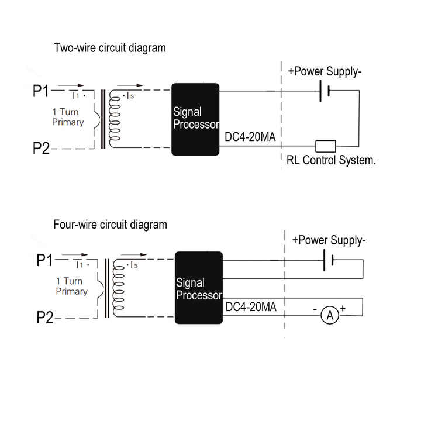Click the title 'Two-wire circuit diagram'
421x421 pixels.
pos(110,48)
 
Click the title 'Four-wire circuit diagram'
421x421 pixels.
pos(111,225)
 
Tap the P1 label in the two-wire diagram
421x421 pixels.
pos(42,92)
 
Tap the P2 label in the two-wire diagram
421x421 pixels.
pos(42,149)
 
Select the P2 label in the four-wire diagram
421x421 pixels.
pos(45,318)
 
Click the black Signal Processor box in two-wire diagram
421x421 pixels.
pos(195,119)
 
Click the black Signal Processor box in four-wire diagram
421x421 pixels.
pos(199,287)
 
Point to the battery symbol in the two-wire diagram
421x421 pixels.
pos(325,91)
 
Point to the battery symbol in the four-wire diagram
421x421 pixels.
pos(328,260)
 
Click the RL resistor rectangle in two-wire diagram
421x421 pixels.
pos(325,146)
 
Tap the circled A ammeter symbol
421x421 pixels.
pos(330,315)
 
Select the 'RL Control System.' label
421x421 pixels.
pos(330,160)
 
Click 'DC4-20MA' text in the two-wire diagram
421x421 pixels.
pos(250,137)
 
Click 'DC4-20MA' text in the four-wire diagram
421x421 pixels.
pos(251,306)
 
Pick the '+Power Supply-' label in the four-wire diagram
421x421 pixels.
pos(329,240)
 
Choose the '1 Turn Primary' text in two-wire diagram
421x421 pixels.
pos(68,118)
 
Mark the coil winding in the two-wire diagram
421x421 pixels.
pos(115,119)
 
